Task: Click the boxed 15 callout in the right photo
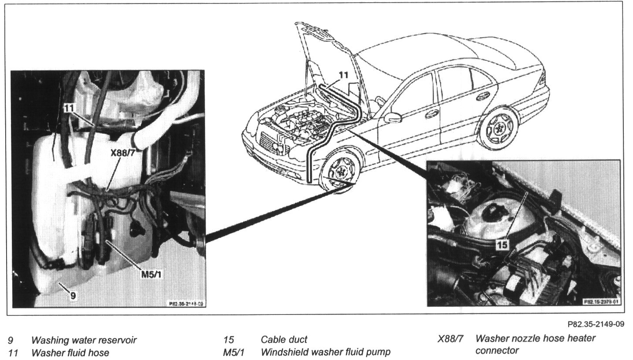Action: pyautogui.click(x=503, y=245)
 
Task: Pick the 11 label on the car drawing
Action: pyautogui.click(x=343, y=76)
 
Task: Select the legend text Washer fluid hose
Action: pyautogui.click(x=70, y=352)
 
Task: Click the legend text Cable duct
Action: pyautogui.click(x=284, y=339)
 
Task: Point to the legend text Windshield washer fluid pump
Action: pyautogui.click(x=325, y=352)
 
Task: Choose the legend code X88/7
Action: pyautogui.click(x=451, y=339)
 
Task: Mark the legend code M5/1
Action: pyautogui.click(x=233, y=352)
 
